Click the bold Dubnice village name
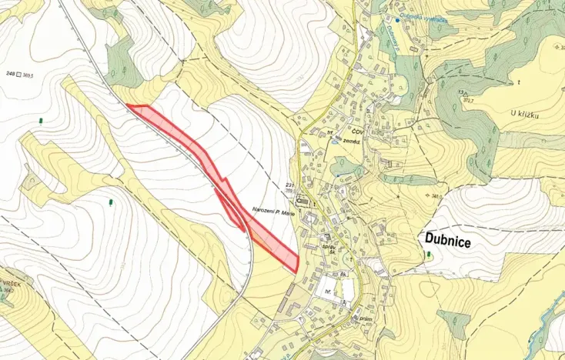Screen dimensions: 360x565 [448, 239]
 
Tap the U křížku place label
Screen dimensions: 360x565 [525, 115]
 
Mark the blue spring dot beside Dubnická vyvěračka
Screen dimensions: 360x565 [397, 19]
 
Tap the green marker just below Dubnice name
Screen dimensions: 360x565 [429, 255]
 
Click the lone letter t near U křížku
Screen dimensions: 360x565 [520, 82]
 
